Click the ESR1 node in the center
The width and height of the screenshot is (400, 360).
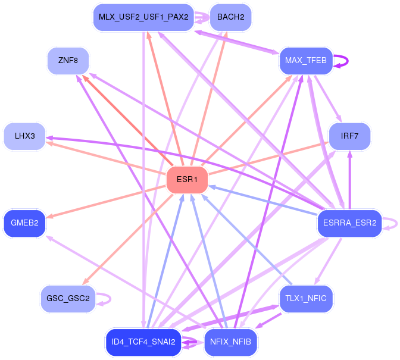(187, 180)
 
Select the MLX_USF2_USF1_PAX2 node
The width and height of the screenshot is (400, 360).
(143, 17)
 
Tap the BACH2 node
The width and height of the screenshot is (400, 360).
(230, 17)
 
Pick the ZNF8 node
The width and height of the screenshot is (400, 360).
(68, 61)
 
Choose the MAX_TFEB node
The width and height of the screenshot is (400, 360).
(306, 61)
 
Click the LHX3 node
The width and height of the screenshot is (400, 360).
(25, 136)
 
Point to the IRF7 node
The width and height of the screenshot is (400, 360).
(349, 136)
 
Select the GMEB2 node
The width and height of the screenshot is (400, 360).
(25, 223)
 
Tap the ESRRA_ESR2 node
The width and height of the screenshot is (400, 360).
(349, 223)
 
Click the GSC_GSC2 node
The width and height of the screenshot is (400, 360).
(68, 299)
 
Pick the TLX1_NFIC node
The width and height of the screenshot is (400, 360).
(306, 299)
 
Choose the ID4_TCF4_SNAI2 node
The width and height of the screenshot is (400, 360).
(143, 342)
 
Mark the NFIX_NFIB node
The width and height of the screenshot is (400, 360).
(230, 342)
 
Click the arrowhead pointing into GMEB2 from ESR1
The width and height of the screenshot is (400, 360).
(49, 217)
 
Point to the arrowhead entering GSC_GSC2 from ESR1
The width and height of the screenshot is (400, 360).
(85, 281)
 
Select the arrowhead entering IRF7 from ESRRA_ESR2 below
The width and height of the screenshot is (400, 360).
(350, 154)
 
